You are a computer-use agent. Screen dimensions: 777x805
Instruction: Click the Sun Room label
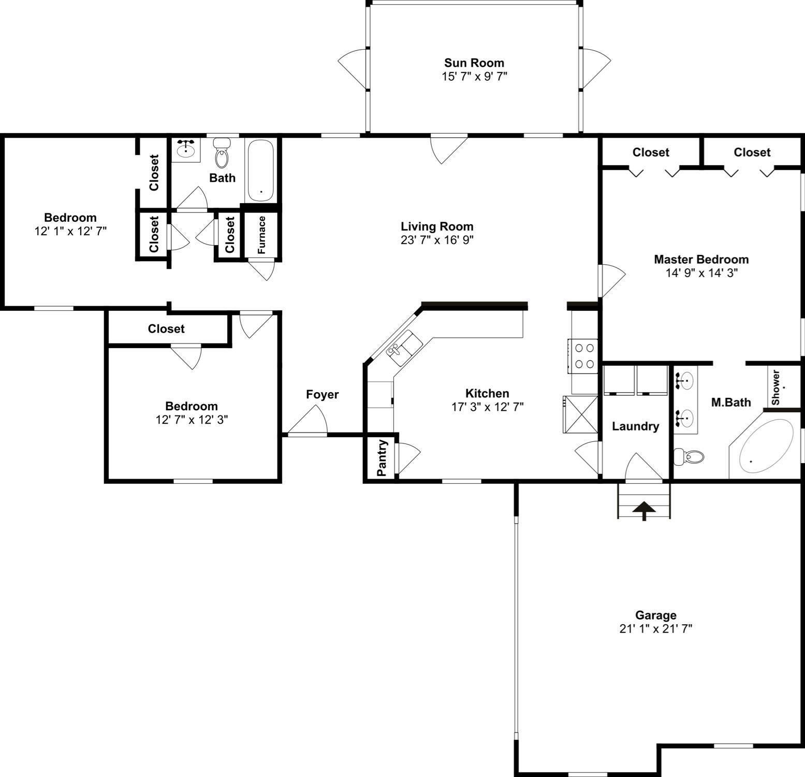tap(474, 63)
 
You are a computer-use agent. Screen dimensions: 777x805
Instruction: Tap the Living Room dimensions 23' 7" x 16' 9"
tap(437, 240)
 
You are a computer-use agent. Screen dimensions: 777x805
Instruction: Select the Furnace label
tap(261, 235)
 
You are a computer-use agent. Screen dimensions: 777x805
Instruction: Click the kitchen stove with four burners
tap(584, 356)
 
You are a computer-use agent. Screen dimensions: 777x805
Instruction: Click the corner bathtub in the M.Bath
tap(766, 446)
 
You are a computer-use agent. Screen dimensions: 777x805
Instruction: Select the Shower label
tap(775, 387)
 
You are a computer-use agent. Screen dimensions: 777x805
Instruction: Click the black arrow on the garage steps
tap(643, 510)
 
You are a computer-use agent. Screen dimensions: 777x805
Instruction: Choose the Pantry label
tap(382, 458)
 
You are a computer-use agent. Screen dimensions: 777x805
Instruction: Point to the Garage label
tap(655, 615)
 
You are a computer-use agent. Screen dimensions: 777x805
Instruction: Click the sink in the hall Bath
tap(185, 150)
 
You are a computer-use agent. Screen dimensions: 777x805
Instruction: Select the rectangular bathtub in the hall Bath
tap(261, 170)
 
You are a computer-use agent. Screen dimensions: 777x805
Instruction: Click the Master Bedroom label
tap(701, 260)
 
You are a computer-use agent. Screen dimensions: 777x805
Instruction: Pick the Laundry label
tap(635, 426)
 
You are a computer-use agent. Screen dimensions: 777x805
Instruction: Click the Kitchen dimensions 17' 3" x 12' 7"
tap(487, 407)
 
